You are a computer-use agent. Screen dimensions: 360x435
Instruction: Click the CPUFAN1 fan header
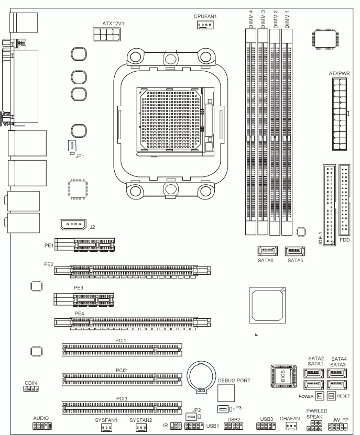pyautogui.click(x=205, y=25)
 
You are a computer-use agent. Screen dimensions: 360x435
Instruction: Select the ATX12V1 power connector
pyautogui.click(x=107, y=34)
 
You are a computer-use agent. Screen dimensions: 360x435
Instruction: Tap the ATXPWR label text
pyautogui.click(x=339, y=73)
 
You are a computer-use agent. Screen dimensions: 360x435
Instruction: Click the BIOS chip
pyautogui.click(x=283, y=376)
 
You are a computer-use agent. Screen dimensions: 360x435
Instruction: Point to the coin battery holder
pyautogui.click(x=201, y=377)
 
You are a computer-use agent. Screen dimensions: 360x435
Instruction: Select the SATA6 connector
pyautogui.click(x=267, y=251)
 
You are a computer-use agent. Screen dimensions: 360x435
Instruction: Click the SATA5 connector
pyautogui.click(x=294, y=251)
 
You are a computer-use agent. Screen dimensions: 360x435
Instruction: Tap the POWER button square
pyautogui.click(x=320, y=396)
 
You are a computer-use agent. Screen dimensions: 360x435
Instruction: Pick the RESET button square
pyautogui.click(x=331, y=396)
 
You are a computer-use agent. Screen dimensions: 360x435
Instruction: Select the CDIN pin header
pyautogui.click(x=31, y=388)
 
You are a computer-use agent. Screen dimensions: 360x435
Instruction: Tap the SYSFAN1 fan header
pyautogui.click(x=106, y=428)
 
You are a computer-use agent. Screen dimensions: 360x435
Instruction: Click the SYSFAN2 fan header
pyautogui.click(x=141, y=428)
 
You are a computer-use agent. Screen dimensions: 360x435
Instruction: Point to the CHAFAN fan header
pyautogui.click(x=291, y=426)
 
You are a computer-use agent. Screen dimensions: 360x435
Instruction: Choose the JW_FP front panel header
pyautogui.click(x=338, y=427)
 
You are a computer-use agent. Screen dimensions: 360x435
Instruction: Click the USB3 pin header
pyautogui.click(x=266, y=426)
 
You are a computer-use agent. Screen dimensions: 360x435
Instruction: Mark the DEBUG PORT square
pyautogui.click(x=226, y=393)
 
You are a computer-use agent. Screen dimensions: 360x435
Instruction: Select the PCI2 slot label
pyautogui.click(x=122, y=371)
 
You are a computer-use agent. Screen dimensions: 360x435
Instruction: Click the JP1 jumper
pyautogui.click(x=72, y=146)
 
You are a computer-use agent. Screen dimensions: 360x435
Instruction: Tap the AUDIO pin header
pyautogui.click(x=42, y=426)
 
